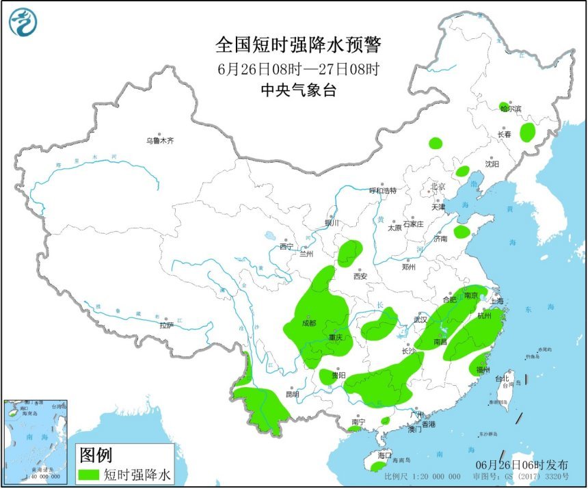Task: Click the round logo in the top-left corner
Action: point(23,23)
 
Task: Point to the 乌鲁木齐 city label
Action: point(159,140)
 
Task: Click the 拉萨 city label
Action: point(166,326)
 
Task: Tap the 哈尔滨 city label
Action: point(510,109)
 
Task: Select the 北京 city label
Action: point(438,186)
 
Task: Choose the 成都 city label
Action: point(308,323)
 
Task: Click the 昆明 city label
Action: point(291,394)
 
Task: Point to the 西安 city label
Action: point(360,276)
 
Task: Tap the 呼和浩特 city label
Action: point(382,190)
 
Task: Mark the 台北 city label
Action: point(502,378)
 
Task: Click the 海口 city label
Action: point(384,455)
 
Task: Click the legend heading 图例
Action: point(96,454)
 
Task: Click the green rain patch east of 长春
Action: point(527,132)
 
